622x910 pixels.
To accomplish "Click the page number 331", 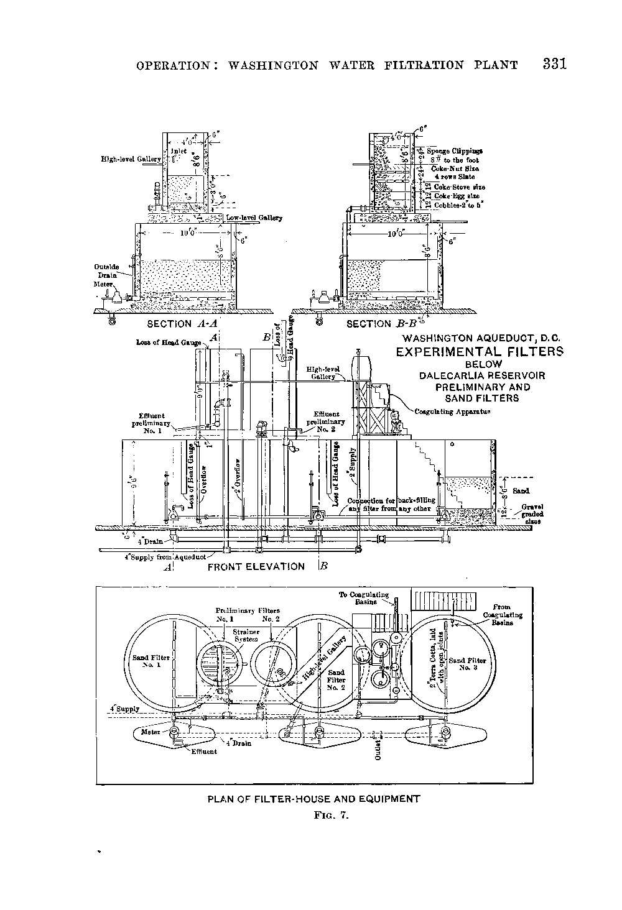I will pyautogui.click(x=554, y=64).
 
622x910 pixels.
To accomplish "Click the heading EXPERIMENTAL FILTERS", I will pyautogui.click(x=479, y=352).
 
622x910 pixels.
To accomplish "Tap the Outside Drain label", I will pyautogui.click(x=107, y=271).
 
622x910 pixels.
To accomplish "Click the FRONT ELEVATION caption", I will pyautogui.click(x=256, y=566).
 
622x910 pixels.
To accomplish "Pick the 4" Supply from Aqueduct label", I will pyautogui.click(x=160, y=556).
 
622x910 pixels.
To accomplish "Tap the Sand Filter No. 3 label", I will pyautogui.click(x=467, y=664).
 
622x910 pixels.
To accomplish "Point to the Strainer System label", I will pyautogui.click(x=246, y=635).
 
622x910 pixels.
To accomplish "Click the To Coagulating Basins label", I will pyautogui.click(x=364, y=598).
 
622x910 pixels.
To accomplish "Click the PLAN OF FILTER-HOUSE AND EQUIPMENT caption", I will pyautogui.click(x=313, y=799).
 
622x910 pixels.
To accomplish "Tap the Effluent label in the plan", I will pyautogui.click(x=203, y=751).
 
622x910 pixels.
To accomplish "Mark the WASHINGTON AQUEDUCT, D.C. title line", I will pyautogui.click(x=483, y=338).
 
